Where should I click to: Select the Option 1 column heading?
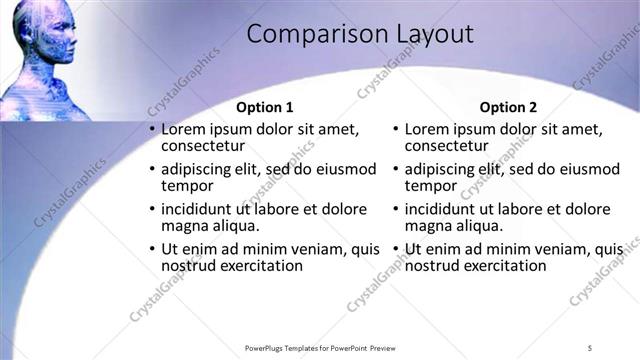pos(265,107)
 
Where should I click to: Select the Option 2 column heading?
pos(508,107)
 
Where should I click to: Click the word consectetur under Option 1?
pos(203,146)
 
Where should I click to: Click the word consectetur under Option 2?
pos(446,146)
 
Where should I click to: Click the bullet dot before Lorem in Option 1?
pos(152,129)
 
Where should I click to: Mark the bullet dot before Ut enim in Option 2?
pos(395,249)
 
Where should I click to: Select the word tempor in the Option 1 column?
pos(187,186)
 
